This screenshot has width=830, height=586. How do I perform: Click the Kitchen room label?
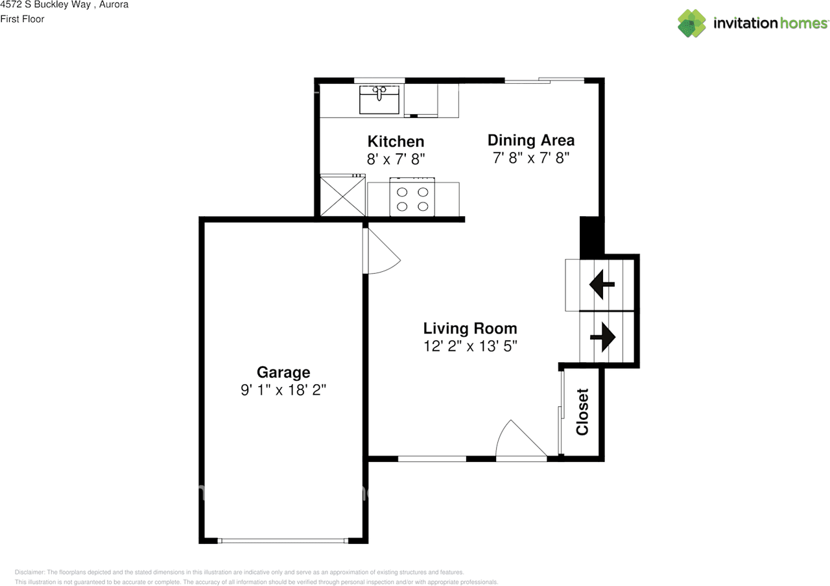(396, 141)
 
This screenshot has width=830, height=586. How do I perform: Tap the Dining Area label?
(530, 140)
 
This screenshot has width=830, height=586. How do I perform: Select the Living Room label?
(470, 328)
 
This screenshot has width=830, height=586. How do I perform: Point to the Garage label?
(283, 372)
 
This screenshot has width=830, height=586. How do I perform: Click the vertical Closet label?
(582, 411)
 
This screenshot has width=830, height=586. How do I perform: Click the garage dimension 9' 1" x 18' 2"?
(283, 390)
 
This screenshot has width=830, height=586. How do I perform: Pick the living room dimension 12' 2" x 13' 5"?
(470, 346)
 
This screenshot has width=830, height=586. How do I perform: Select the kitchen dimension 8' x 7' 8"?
(396, 158)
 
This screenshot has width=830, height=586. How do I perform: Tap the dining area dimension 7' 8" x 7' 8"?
(530, 158)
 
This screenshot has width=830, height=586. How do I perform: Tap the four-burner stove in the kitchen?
(412, 199)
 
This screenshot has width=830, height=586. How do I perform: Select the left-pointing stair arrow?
(601, 284)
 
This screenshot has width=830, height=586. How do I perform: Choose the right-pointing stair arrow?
(603, 337)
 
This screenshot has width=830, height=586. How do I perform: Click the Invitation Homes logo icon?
(692, 23)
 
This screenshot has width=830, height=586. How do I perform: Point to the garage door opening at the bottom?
(283, 541)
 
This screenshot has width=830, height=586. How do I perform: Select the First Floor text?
(22, 19)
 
